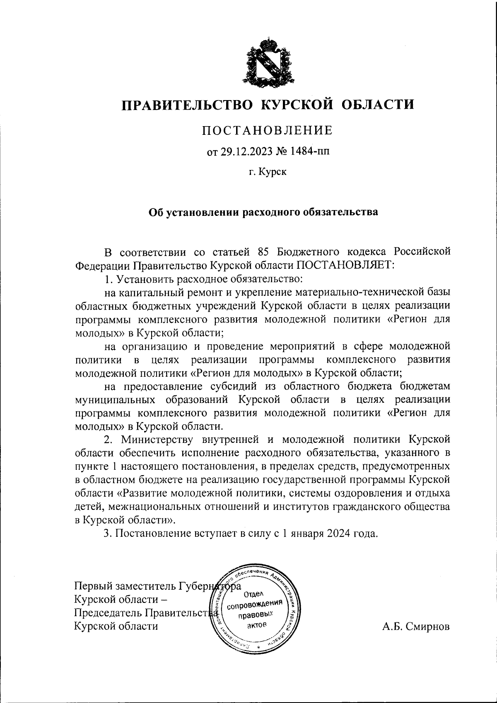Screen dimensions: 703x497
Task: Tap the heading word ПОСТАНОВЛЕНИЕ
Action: tap(267, 131)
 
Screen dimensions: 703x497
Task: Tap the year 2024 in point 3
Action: tap(338, 533)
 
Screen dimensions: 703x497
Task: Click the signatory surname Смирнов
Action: tap(429, 626)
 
